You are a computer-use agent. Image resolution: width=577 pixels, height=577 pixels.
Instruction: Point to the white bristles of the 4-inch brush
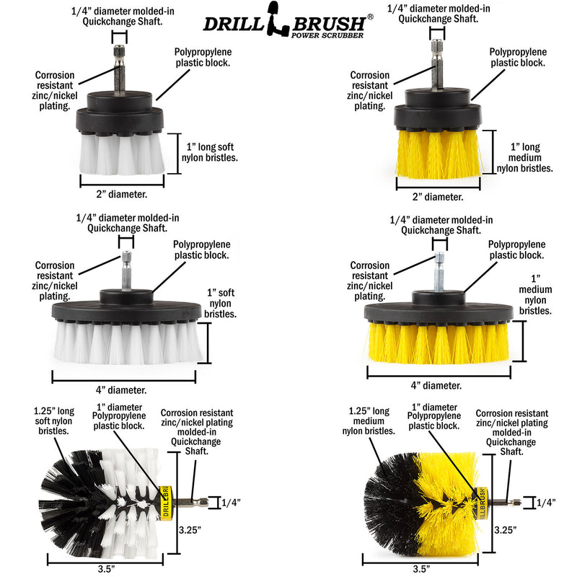coord(127,342)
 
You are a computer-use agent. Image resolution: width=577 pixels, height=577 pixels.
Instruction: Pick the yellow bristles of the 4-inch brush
coord(439,342)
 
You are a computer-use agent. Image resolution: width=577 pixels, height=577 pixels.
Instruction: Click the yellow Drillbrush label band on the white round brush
coord(163,498)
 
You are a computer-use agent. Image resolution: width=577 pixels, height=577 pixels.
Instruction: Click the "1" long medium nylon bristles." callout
coord(524,157)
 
